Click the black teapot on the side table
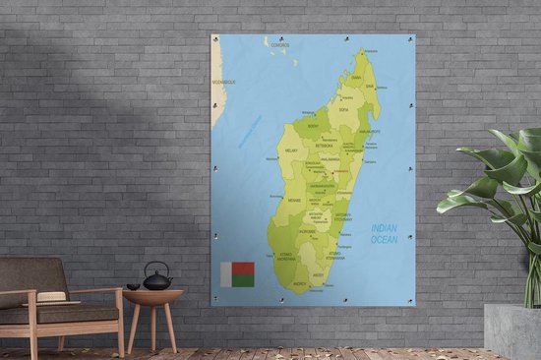(157, 281)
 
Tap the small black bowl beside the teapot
(133, 287)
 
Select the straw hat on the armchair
(52, 297)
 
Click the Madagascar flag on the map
(237, 274)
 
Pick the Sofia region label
(344, 110)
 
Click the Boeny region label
(313, 126)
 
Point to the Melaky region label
(290, 150)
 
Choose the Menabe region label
(294, 198)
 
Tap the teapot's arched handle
(157, 269)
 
